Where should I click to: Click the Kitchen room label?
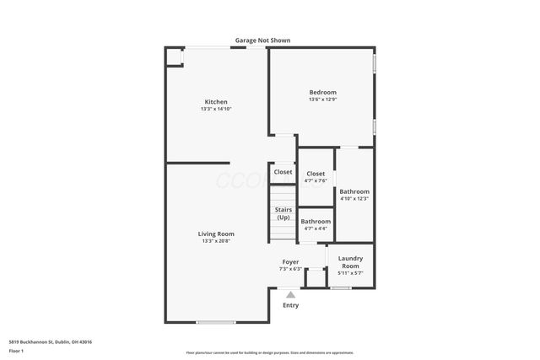(x=215, y=102)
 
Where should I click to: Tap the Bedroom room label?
(x=322, y=92)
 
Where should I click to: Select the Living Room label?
(x=216, y=234)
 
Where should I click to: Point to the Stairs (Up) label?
(x=283, y=214)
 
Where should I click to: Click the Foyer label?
(x=290, y=262)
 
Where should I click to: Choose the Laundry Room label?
(x=349, y=261)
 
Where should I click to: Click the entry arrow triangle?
(x=291, y=294)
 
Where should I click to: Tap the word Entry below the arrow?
(x=291, y=305)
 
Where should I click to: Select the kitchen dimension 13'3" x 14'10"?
(x=215, y=110)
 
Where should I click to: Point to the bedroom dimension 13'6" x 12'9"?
(x=322, y=99)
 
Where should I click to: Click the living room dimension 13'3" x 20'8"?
(x=216, y=241)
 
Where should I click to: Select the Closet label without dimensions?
(x=283, y=172)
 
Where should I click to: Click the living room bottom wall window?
(x=216, y=322)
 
